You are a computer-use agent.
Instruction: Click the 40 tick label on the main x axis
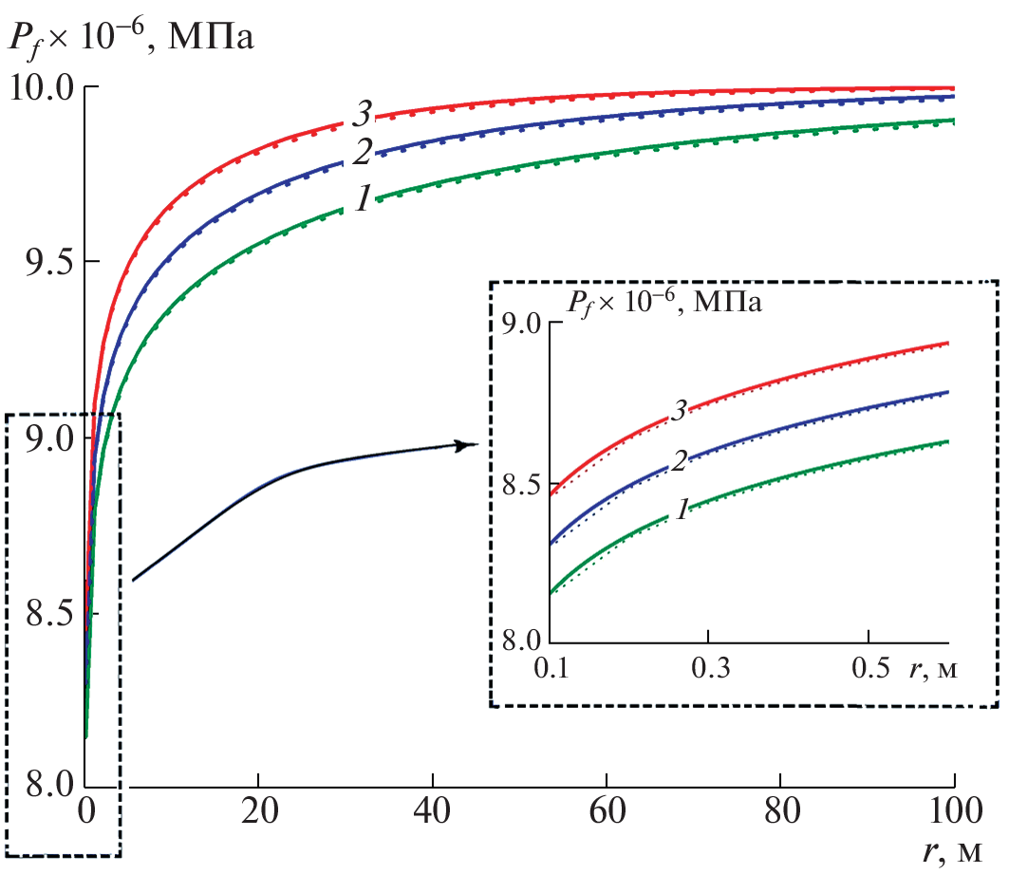pos(433,817)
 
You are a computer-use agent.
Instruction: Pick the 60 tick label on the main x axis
pos(607,817)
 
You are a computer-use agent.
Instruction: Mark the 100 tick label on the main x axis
pos(952,817)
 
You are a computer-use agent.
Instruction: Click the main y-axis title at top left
pos(132,41)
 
